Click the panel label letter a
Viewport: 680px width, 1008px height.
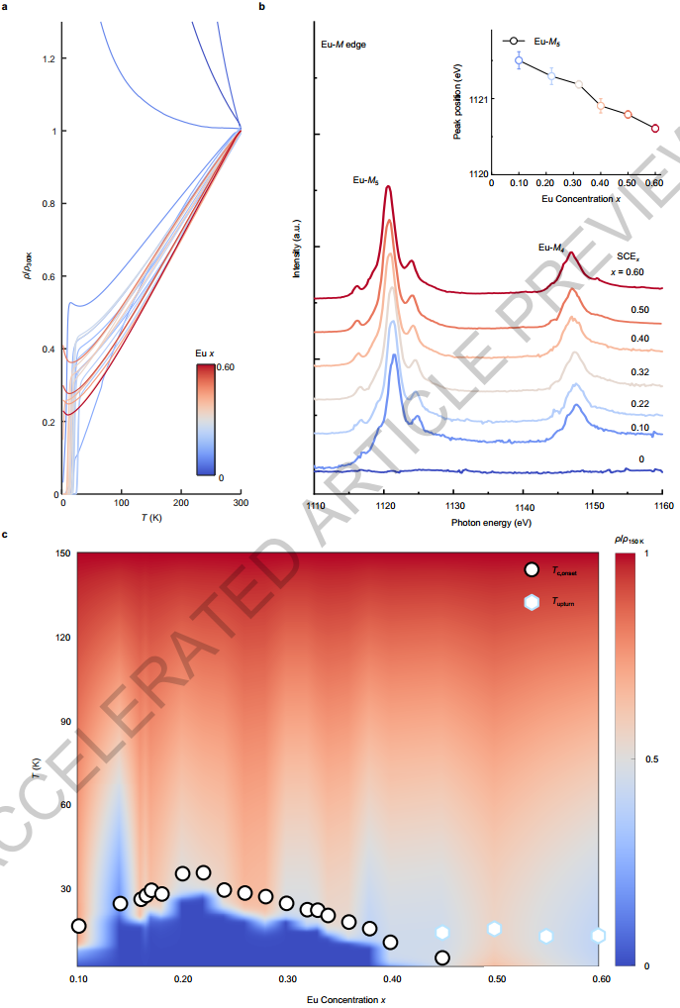pos(5,7)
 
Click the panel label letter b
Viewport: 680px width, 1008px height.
pos(262,7)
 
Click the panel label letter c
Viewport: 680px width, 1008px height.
pos(5,536)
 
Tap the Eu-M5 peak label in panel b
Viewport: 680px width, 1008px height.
pos(365,180)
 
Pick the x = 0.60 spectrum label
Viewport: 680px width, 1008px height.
pos(628,271)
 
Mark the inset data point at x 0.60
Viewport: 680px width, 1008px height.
pos(655,128)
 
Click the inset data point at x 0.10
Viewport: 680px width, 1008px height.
pos(519,60)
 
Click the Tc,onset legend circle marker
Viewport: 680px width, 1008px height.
pos(532,569)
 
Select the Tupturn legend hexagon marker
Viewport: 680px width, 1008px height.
pos(532,601)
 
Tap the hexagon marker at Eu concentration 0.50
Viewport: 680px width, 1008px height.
pos(495,929)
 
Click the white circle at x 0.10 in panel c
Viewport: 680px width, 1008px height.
pos(79,926)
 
